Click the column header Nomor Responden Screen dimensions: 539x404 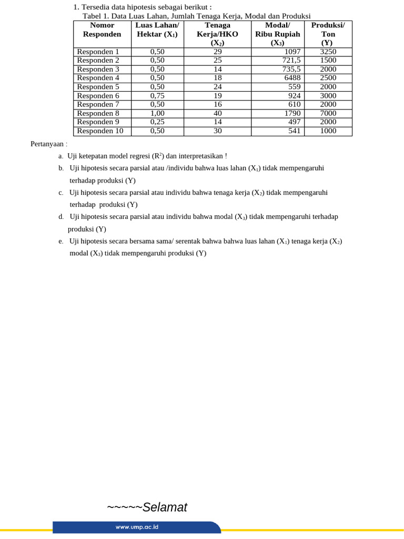102,29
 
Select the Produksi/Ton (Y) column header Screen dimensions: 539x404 328,34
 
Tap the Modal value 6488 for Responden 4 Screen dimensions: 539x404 292,78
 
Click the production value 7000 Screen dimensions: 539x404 328,113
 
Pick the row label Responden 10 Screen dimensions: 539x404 100,131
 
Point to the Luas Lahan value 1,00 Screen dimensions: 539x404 157,113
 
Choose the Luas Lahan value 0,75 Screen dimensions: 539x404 157,96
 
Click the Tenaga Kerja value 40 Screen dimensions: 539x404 217,113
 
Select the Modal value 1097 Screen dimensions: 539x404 292,52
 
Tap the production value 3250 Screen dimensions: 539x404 328,52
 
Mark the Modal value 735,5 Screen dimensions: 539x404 291,69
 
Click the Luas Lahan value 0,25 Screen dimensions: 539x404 157,122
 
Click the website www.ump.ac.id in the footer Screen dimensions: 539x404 137,527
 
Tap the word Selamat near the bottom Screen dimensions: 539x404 165,507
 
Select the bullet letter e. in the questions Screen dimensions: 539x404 61,241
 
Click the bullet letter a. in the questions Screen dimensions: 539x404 61,156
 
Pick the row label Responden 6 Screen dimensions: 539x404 98,96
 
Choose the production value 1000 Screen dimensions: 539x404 328,131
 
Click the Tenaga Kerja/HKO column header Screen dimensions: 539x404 217,34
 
